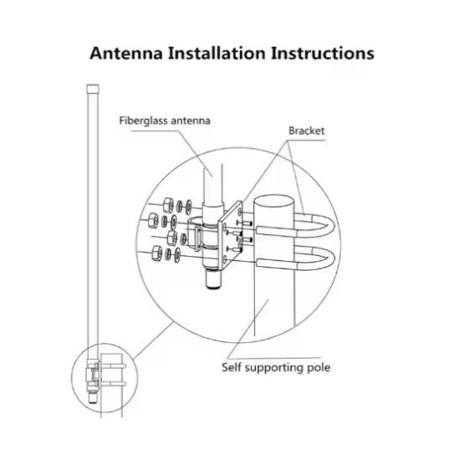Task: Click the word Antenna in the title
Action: click(126, 54)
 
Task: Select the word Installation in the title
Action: click(217, 54)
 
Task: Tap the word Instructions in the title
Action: click(322, 54)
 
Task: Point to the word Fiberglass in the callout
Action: click(143, 121)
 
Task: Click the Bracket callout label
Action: click(307, 130)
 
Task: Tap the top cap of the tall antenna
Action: click(93, 89)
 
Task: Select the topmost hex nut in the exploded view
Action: click(168, 204)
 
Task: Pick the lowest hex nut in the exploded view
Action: click(156, 253)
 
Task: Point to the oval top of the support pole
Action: click(273, 202)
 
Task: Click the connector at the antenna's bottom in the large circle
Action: click(212, 279)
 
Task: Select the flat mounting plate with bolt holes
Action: click(230, 235)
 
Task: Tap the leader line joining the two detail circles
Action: click(153, 340)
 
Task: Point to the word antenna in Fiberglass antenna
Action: click(191, 121)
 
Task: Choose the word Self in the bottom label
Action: click(231, 367)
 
